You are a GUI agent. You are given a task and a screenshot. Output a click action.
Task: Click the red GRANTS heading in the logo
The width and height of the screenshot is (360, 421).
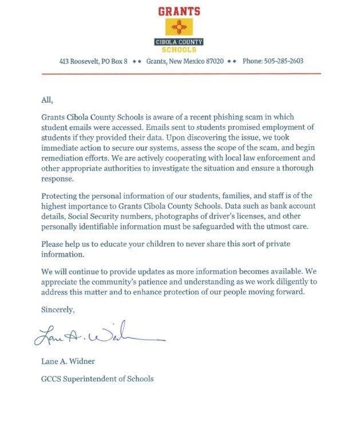tap(180, 11)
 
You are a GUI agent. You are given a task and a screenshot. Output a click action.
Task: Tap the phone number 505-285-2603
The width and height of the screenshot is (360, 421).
tap(284, 61)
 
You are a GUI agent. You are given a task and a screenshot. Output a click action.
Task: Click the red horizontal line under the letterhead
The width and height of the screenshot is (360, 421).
tap(180, 73)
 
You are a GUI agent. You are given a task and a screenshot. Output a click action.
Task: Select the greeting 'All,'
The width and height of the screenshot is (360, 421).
tap(47, 99)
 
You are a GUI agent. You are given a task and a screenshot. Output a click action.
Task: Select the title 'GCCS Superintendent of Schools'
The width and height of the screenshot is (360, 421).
tap(98, 379)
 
